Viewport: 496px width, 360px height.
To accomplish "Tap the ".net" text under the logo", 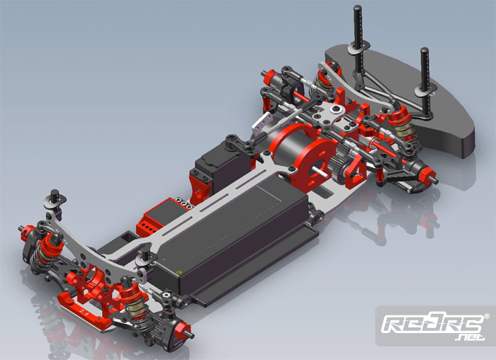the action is pyautogui.click(x=470, y=337).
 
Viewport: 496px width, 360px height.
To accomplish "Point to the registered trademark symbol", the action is pyautogui.click(x=487, y=316).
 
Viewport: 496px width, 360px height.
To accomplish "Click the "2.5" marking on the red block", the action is pyautogui.click(x=84, y=313).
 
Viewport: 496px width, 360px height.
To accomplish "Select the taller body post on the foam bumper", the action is pyautogui.click(x=358, y=38).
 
